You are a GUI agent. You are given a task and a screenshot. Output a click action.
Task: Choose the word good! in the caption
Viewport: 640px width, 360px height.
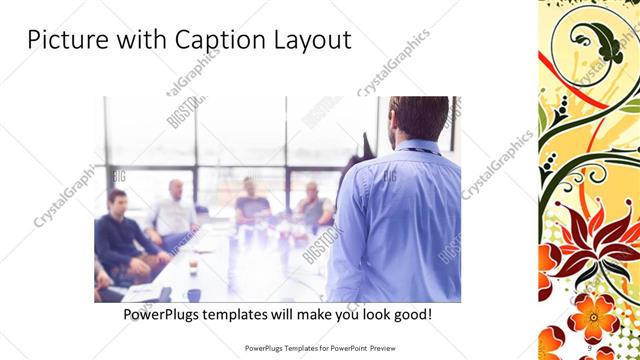(413, 314)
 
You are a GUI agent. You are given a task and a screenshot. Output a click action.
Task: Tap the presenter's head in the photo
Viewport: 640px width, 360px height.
(419, 118)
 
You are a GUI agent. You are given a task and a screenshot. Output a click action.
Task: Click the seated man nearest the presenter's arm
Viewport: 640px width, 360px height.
(313, 204)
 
